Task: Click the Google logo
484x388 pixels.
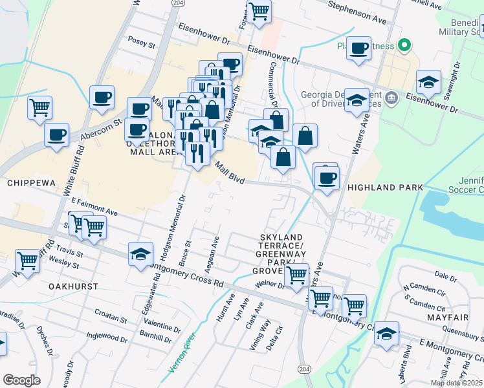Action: click(21, 380)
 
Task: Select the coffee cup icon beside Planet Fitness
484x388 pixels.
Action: click(358, 48)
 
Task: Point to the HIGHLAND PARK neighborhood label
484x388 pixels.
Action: click(385, 188)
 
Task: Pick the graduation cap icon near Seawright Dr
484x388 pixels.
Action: click(428, 82)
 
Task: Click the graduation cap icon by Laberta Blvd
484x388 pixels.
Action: click(386, 334)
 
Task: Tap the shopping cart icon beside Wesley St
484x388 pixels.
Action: click(28, 261)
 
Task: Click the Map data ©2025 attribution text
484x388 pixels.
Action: click(456, 383)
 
